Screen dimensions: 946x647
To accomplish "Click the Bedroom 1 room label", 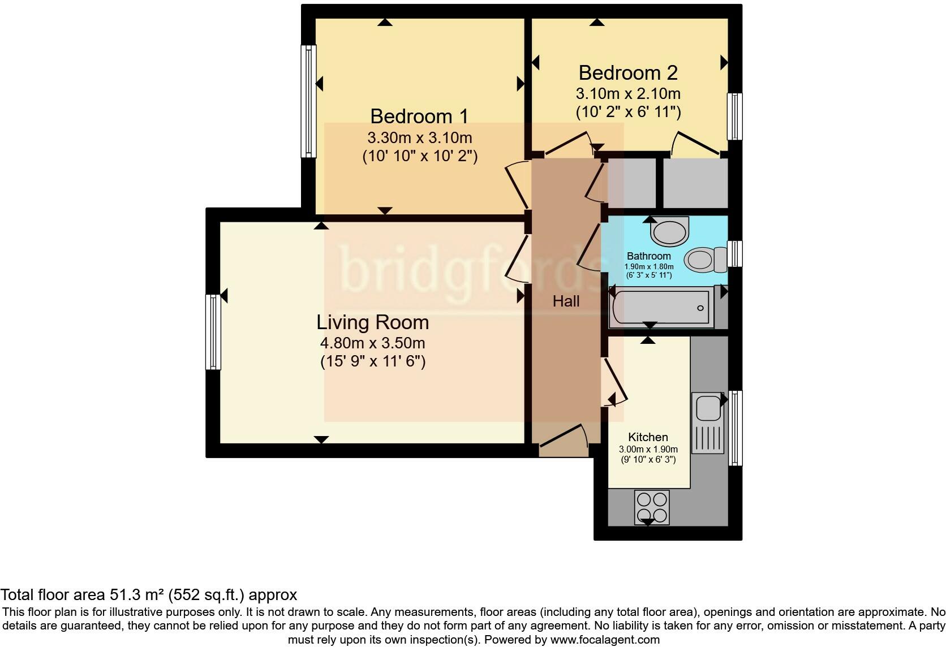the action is tap(419, 116).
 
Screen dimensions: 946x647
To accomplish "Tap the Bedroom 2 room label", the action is tap(628, 73).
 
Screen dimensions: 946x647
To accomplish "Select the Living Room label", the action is tap(372, 322).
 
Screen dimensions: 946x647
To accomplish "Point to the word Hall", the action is tap(566, 301).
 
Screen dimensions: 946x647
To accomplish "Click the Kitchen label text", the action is tap(648, 437).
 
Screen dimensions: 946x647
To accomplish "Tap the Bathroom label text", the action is tap(649, 256).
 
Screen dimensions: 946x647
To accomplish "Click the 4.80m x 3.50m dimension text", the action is tap(372, 343).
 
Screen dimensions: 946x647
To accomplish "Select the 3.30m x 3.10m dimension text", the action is tap(419, 137).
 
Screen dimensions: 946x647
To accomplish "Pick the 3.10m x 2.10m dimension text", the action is tap(628, 94).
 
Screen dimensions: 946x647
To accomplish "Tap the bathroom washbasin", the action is tap(669, 231).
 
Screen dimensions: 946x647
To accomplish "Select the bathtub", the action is tap(661, 307).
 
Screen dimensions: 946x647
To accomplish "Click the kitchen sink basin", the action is tap(708, 407).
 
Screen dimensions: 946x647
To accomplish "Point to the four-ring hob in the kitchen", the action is tap(652, 507).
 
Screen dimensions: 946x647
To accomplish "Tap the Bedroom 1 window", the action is tap(309, 101).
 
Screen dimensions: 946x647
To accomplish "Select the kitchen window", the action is tap(736, 428).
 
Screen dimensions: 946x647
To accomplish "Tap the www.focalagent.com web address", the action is tap(605, 640).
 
